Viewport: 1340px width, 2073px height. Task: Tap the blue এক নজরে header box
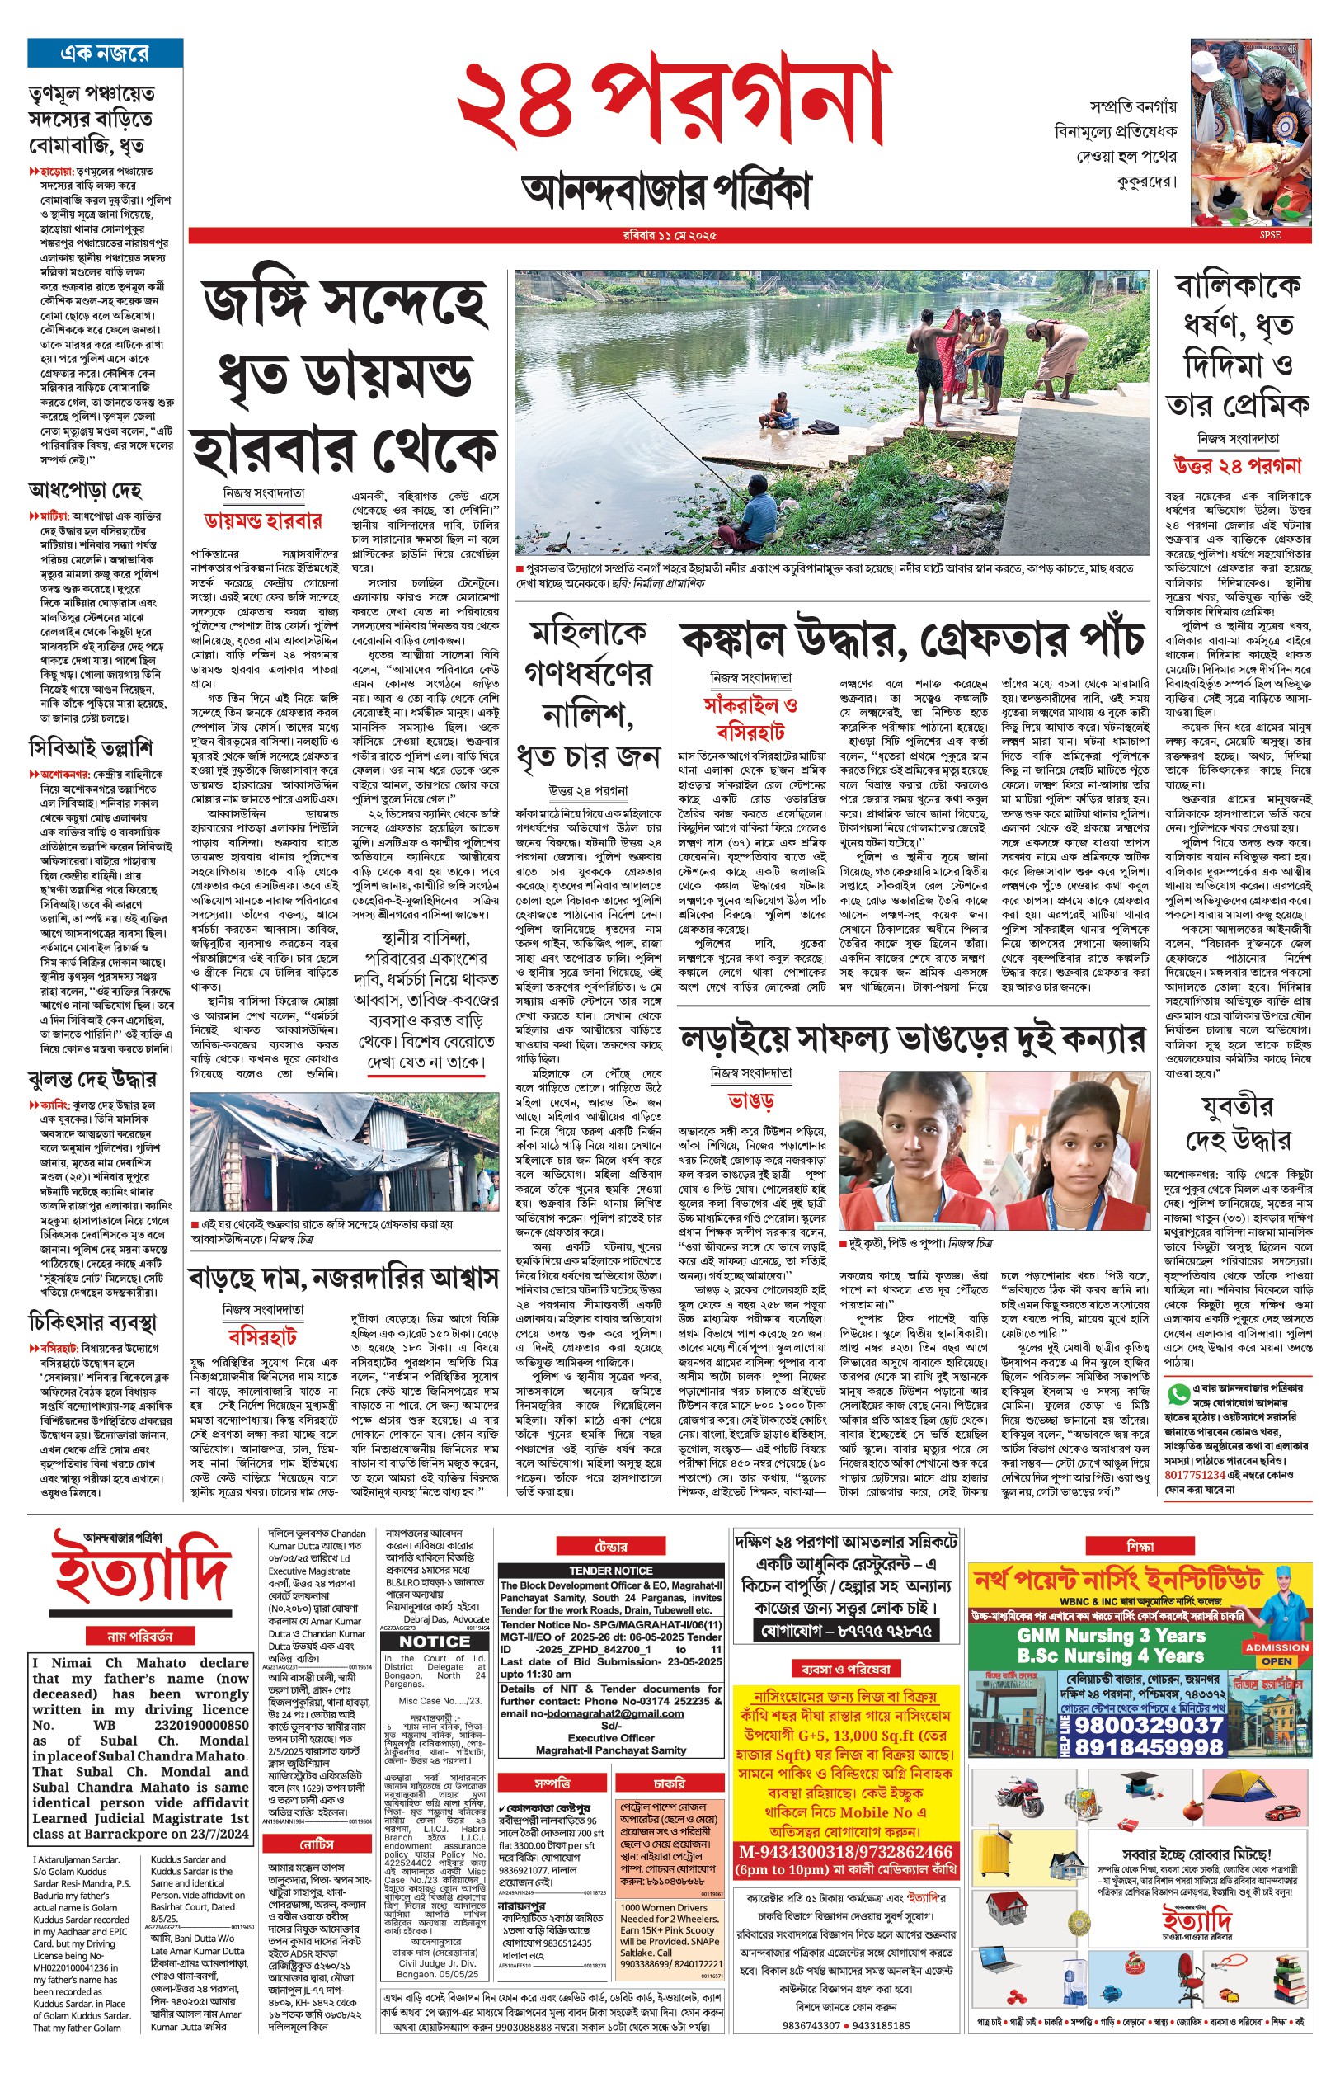click(x=105, y=53)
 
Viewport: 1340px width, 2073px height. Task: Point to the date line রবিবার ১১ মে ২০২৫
click(x=669, y=235)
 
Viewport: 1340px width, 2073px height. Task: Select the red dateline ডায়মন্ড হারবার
click(x=263, y=521)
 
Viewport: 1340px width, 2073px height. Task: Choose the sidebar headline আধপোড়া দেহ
click(x=84, y=490)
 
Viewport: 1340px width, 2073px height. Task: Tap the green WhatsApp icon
click(x=1178, y=1393)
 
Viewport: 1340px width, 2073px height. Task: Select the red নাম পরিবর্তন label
click(x=140, y=1636)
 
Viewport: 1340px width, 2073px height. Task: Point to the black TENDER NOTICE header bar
click(x=611, y=1571)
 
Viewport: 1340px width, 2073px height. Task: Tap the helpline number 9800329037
click(x=1149, y=1725)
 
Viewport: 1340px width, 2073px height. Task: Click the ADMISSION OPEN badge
click(x=1277, y=1653)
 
